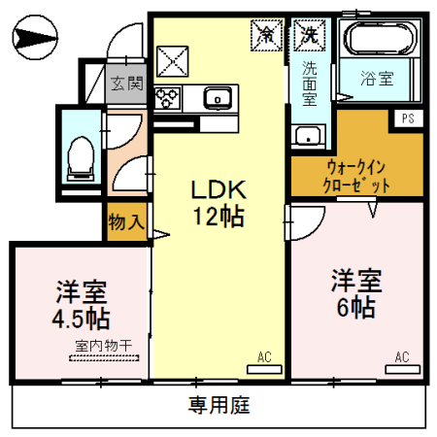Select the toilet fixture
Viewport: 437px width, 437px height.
80,156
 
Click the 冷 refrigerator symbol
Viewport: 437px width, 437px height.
265,34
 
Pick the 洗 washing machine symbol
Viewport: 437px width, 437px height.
309,34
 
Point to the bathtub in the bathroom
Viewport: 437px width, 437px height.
381,40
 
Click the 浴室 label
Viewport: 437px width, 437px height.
378,79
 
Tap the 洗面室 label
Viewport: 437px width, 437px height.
309,83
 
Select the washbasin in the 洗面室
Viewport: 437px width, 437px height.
310,135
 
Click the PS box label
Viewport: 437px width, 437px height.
407,118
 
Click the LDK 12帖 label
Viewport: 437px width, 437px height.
217,201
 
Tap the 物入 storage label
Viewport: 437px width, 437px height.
127,221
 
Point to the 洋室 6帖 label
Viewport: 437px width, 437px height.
354,293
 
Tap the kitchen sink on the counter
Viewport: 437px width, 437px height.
218,96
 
